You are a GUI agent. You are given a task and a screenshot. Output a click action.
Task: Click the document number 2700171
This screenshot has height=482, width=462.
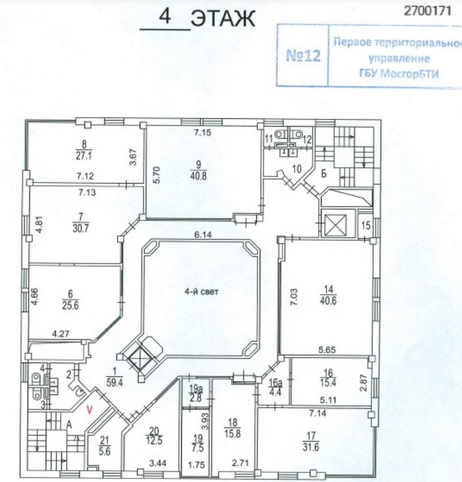point(426,10)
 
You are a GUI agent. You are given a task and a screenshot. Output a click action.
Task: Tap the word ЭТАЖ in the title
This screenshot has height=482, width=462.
point(223,20)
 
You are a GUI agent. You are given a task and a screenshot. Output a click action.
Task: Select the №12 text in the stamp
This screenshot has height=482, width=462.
point(303,57)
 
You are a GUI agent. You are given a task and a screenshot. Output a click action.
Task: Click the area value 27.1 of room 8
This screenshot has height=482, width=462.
point(84,154)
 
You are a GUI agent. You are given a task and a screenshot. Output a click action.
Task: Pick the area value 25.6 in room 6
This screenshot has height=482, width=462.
point(72,303)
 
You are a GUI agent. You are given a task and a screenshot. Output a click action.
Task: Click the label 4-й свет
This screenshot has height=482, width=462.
point(202,293)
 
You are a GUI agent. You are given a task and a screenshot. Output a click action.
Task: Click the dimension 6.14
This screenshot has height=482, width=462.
point(200,236)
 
